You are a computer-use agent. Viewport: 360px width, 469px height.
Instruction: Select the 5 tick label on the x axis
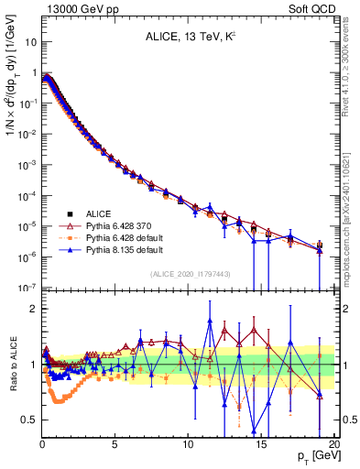115,443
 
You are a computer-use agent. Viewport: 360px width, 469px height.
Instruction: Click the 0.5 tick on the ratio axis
29,420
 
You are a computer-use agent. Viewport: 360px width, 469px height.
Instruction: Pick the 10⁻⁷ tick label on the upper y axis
27,287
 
